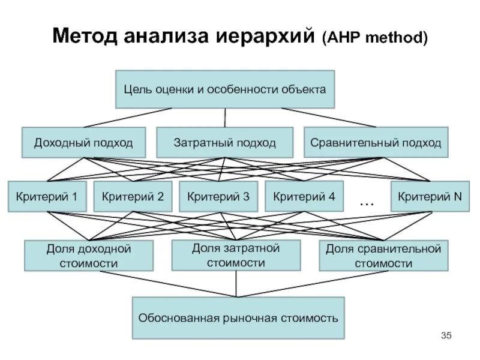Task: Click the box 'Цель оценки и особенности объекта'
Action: click(224, 89)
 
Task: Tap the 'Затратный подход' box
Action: click(224, 143)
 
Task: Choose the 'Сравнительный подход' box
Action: click(376, 143)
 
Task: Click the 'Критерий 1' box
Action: click(47, 196)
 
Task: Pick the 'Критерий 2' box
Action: click(133, 196)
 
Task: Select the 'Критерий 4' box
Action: click(304, 196)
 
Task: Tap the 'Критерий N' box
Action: click(430, 196)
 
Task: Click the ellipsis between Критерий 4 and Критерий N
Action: click(367, 203)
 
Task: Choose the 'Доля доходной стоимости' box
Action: click(89, 255)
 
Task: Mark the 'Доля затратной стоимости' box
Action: click(236, 255)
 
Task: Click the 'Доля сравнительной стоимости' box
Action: click(383, 255)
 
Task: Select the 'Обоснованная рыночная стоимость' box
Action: click(239, 317)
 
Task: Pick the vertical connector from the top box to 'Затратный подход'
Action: click(224, 118)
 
